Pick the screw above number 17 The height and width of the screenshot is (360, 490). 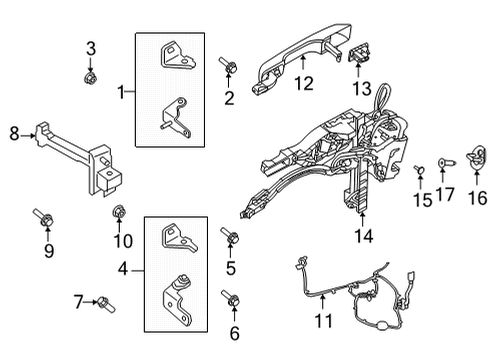click(x=446, y=159)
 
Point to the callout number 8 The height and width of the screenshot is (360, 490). click(x=15, y=132)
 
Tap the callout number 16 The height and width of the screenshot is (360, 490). click(x=478, y=198)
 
